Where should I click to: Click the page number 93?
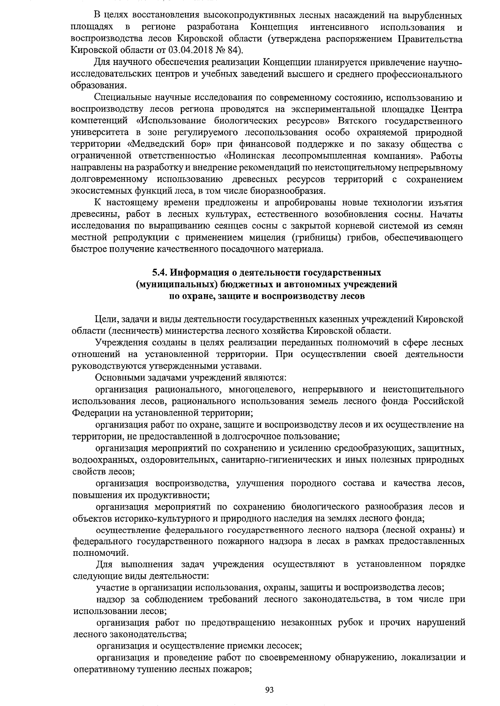click(x=269, y=690)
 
